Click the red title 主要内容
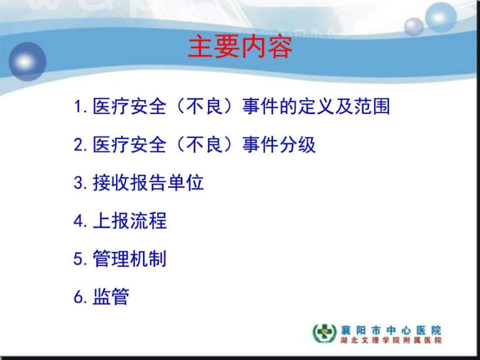coord(240,48)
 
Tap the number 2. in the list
coord(81,145)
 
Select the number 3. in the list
coord(81,183)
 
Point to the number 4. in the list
coord(81,221)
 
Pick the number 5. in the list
coord(81,259)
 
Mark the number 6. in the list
coord(81,297)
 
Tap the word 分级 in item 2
coord(297,144)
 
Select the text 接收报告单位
coord(148,183)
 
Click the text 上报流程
coord(130,221)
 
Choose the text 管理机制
coord(129,259)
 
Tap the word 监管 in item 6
coord(111,296)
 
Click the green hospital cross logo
coord(324,333)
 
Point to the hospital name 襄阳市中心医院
coord(391,330)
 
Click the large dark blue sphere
coord(28,62)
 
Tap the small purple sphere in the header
coord(414,27)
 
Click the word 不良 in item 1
coord(204,107)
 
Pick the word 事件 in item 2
coord(260,144)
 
